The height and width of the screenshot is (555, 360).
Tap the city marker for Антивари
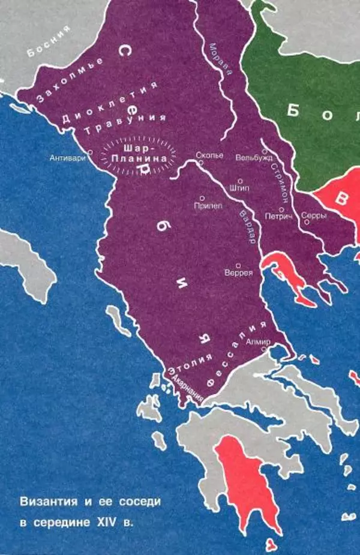coord(90,152)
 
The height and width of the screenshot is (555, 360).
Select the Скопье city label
coord(210,155)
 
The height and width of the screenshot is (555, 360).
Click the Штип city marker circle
coord(240,180)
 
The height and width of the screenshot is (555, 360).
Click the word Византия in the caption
coord(47,499)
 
